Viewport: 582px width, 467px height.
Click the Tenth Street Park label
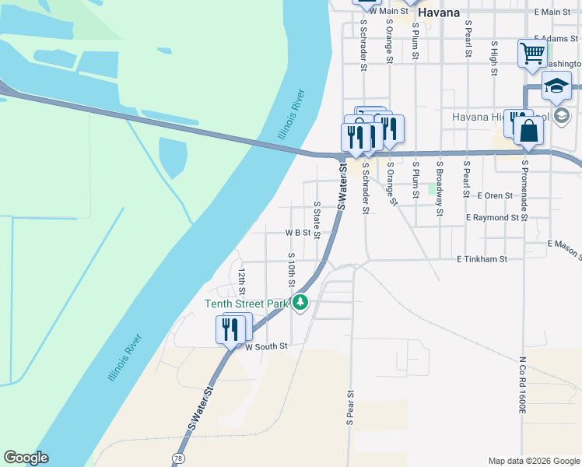(247, 304)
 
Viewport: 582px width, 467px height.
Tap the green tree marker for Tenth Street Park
(300, 303)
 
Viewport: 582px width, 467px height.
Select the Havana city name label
(438, 13)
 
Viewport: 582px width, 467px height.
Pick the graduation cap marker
(556, 86)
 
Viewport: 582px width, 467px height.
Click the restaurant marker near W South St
(230, 329)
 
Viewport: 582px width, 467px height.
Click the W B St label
(297, 233)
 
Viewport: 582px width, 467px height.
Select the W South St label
(267, 346)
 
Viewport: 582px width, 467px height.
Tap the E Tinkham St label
(482, 258)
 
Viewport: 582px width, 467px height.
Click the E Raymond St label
(493, 219)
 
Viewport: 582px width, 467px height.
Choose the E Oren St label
(495, 195)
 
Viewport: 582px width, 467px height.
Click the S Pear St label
(349, 407)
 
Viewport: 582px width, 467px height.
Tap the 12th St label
(242, 278)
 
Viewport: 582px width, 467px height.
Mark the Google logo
(26, 458)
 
